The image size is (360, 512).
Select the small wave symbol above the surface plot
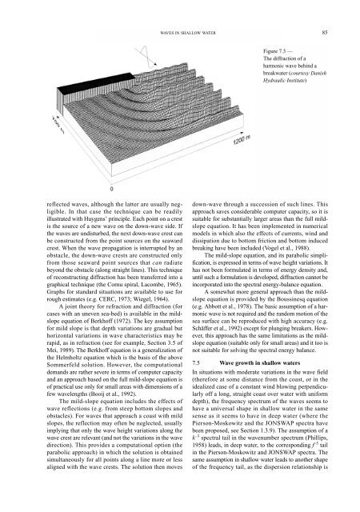(149, 48)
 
